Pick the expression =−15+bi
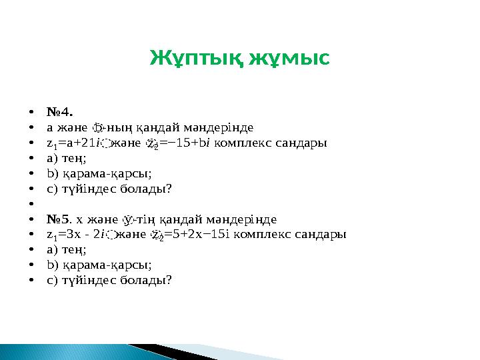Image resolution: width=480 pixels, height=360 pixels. tap(190, 143)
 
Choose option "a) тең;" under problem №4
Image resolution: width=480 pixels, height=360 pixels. tap(67, 158)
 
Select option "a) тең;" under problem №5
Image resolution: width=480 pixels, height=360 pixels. tap(67, 249)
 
